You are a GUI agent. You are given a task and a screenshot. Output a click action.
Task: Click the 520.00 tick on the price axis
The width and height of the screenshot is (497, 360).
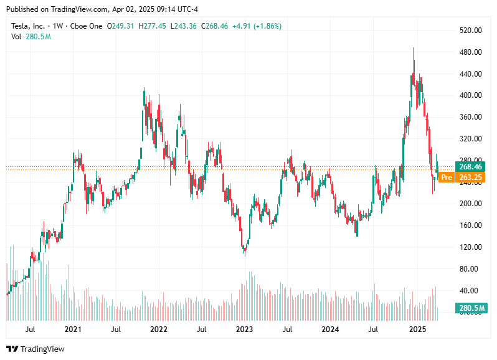tap(471, 31)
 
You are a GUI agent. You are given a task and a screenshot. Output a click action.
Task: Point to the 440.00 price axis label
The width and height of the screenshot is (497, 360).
tap(471, 74)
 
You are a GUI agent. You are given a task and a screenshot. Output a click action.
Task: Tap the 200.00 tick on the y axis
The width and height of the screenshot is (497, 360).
tap(471, 204)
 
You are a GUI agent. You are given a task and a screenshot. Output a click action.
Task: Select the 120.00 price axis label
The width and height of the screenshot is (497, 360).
tap(471, 247)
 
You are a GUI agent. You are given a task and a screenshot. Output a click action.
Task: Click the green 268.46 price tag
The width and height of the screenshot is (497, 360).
tap(471, 167)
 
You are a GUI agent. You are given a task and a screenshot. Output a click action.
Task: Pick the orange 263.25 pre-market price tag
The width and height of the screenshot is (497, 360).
tap(471, 178)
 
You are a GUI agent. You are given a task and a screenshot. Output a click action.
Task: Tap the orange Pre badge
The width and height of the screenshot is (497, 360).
tap(446, 178)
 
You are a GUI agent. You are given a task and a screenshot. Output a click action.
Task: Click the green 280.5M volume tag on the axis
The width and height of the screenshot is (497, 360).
tap(471, 308)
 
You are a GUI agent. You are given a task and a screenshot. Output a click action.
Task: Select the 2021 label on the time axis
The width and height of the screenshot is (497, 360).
tap(73, 329)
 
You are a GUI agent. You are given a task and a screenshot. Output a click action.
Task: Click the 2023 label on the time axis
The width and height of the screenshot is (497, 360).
tap(244, 329)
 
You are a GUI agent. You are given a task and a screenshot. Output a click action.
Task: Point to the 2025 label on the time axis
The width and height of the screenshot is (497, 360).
tap(416, 329)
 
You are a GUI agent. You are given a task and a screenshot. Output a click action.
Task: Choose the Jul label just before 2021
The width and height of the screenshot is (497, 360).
tap(30, 329)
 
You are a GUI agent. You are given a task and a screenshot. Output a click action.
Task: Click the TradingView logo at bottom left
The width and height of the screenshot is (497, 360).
tap(35, 349)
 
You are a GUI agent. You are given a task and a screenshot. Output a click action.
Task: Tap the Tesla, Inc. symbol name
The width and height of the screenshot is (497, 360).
tap(29, 26)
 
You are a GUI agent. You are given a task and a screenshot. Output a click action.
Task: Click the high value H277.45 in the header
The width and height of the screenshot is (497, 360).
tap(153, 26)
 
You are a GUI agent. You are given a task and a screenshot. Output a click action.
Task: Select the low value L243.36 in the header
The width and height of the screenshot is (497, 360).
tap(184, 26)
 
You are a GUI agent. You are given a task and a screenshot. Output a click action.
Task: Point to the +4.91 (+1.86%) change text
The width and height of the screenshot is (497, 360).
tap(257, 26)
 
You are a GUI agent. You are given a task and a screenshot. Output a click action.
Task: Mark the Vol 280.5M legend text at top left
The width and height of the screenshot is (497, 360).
tap(31, 37)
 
